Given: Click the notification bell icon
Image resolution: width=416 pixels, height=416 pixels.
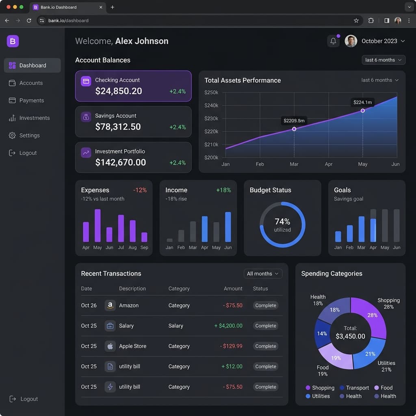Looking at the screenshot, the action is (333, 41).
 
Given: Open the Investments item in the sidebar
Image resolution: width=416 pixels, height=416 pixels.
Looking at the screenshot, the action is (29, 118).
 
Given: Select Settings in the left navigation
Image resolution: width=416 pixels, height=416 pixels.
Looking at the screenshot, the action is (24, 135).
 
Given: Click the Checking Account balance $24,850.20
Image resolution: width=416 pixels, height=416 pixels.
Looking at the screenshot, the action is (119, 91).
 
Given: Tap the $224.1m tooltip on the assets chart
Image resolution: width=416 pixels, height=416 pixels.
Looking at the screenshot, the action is (362, 102).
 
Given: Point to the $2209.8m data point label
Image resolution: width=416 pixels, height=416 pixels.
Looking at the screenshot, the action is (294, 120).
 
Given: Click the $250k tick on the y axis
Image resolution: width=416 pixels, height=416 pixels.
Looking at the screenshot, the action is (211, 92).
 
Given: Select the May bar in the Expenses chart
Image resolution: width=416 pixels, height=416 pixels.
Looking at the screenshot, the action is (97, 225).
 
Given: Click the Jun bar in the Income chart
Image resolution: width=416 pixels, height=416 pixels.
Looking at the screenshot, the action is (228, 227).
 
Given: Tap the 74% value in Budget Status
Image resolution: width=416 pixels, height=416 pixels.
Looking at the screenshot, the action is (282, 221).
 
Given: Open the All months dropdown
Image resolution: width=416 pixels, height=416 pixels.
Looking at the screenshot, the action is (263, 273).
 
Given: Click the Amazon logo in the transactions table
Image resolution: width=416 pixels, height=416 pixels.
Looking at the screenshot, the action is (110, 305).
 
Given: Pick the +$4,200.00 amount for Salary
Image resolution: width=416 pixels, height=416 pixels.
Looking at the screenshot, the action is (228, 325).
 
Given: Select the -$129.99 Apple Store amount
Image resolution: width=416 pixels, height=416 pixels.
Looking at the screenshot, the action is (231, 346).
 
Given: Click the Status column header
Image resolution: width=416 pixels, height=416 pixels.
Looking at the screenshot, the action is (260, 288).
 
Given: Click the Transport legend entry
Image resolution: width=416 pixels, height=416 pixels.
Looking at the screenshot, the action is (354, 388).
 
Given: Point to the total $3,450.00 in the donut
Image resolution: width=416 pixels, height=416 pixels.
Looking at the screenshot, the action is (350, 336).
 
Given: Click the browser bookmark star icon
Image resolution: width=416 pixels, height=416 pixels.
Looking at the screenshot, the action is (356, 20).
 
